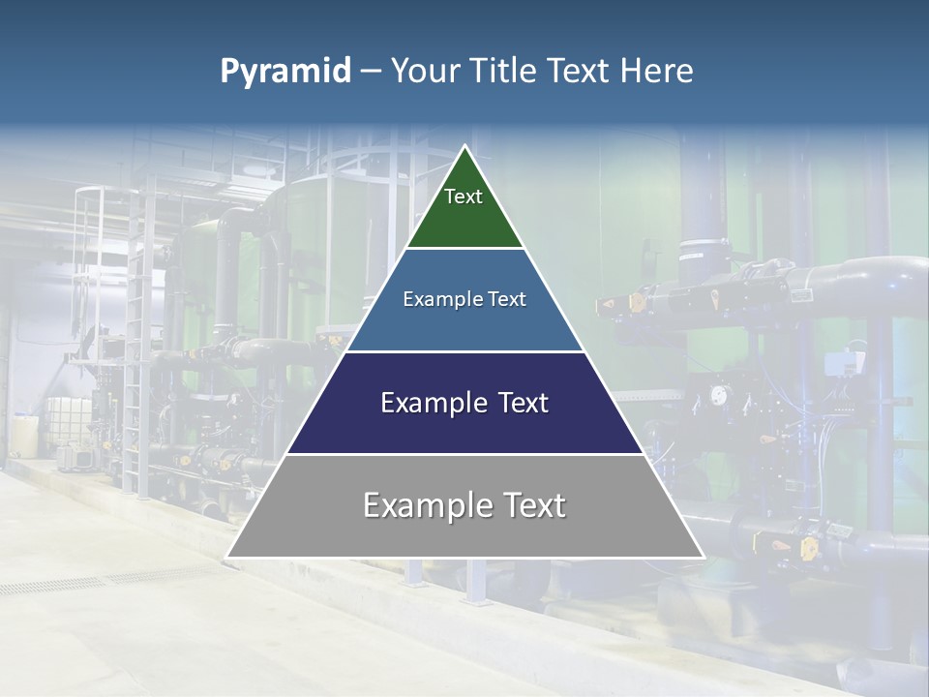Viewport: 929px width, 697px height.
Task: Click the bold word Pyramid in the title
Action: click(285, 72)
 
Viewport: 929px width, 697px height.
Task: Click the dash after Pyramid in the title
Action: click(370, 72)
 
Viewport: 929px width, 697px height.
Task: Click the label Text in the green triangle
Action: click(464, 197)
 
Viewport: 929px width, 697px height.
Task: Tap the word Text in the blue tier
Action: click(506, 299)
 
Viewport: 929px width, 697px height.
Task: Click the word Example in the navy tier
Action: click(433, 403)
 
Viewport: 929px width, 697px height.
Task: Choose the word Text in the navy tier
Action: click(523, 403)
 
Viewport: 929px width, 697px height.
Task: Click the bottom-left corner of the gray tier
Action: click(228, 556)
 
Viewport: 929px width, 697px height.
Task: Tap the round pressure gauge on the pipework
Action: click(717, 395)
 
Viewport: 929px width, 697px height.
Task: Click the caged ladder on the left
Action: click(87, 242)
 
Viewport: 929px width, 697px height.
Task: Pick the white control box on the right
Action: click(835, 364)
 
